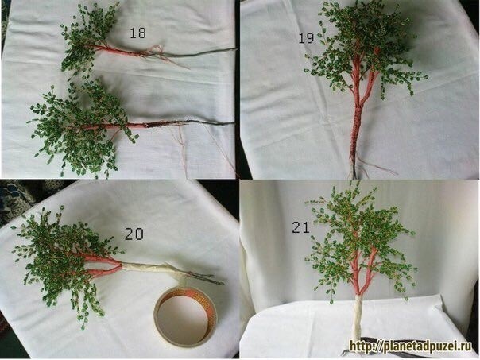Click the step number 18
click(137, 33)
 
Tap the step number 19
click(306, 38)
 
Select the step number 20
click(134, 234)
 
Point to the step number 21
click(300, 227)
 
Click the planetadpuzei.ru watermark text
click(411, 346)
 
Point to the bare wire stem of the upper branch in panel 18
click(199, 52)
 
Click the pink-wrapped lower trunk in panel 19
click(356, 129)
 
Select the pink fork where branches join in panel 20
click(101, 265)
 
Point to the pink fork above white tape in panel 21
click(362, 276)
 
